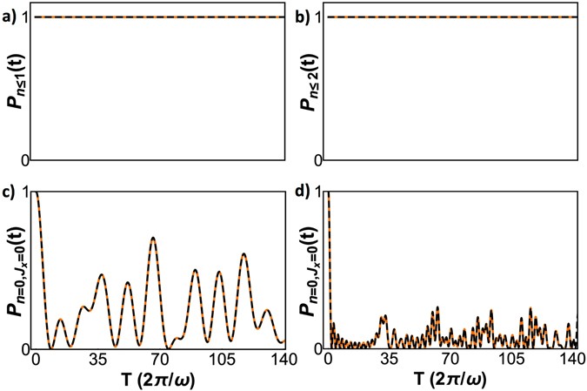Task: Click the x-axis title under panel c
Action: (158, 380)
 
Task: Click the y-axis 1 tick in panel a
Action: (25, 17)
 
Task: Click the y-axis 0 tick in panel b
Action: (318, 159)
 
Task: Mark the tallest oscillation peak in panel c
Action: (154, 238)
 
